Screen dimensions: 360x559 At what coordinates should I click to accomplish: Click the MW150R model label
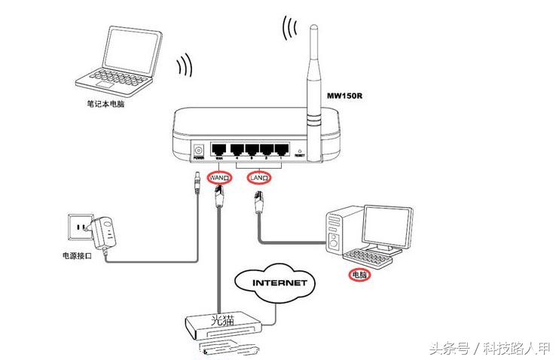coord(344,96)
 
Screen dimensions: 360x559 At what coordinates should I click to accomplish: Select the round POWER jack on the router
coord(199,149)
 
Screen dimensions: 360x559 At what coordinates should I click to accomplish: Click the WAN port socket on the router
coord(218,148)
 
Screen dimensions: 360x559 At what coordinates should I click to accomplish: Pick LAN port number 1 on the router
coord(282,148)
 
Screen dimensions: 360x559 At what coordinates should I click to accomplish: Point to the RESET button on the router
coord(300,151)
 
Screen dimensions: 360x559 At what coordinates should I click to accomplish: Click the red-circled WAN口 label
coord(219,177)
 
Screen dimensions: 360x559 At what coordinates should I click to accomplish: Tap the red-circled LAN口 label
coord(261,177)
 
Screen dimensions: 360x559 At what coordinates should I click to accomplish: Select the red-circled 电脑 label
coord(360,276)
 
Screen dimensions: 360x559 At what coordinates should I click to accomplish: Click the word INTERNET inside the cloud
coord(279,283)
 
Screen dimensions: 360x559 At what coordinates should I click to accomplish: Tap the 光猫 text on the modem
coord(222,320)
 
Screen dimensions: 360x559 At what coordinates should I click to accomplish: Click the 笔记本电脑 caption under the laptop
coord(105,105)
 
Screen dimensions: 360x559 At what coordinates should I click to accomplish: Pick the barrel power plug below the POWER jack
coord(198,182)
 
